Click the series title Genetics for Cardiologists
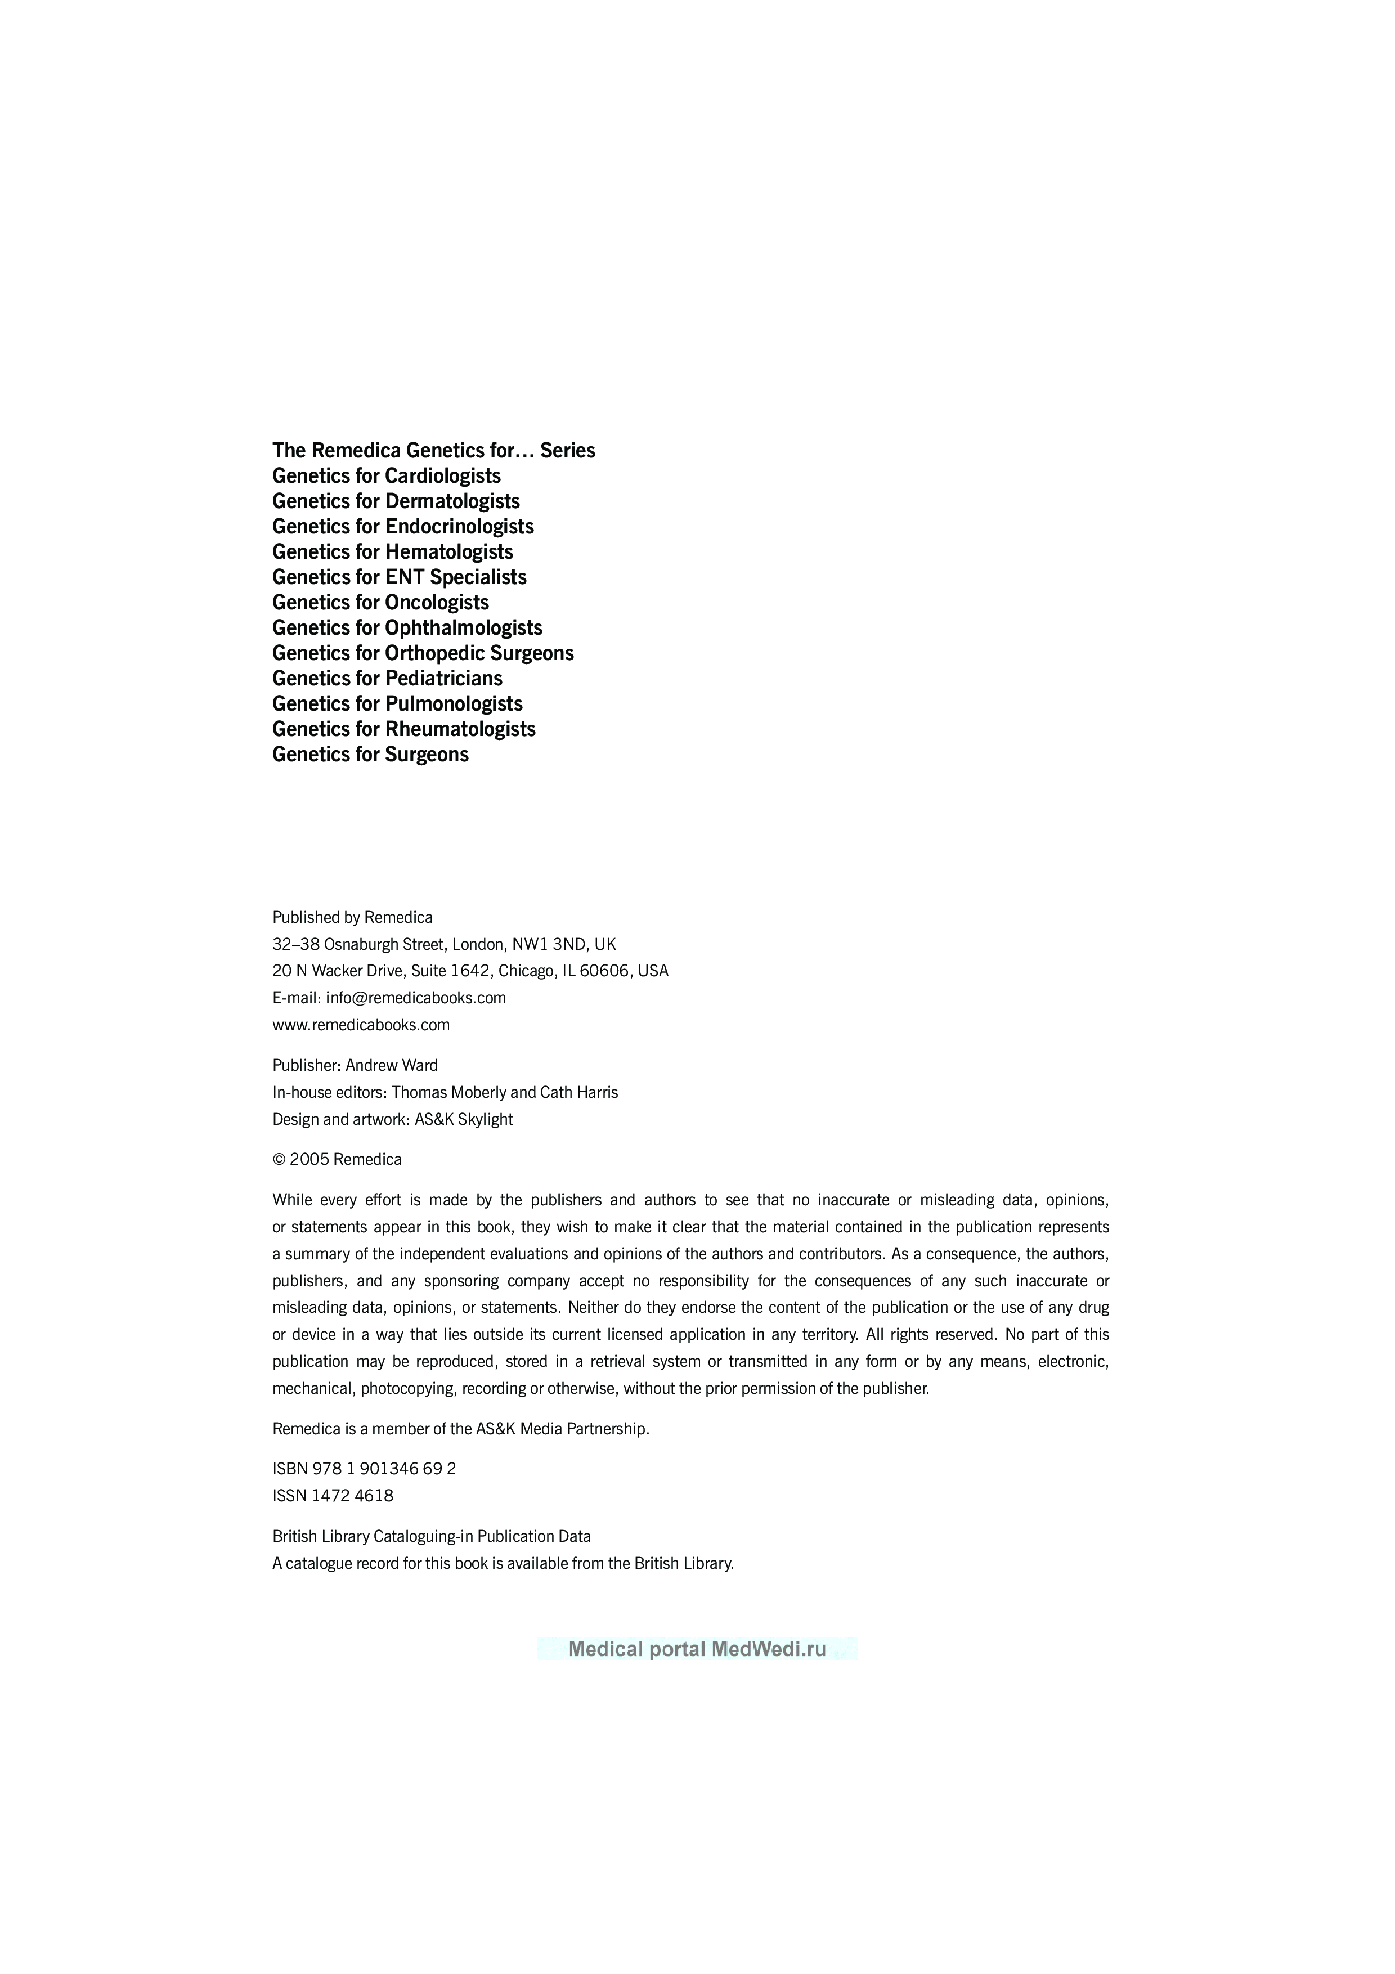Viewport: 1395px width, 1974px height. (x=386, y=475)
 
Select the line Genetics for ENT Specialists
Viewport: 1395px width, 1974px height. (x=399, y=577)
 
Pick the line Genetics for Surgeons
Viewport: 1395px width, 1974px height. (x=370, y=754)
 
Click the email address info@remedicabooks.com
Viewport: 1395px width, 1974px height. (x=416, y=997)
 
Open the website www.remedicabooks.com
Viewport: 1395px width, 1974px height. (x=361, y=1025)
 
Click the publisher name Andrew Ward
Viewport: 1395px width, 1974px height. (x=391, y=1065)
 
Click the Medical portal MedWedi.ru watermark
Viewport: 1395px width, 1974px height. (x=697, y=1648)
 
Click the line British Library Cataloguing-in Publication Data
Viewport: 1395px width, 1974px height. (x=432, y=1536)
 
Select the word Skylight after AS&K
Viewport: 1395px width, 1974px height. (x=487, y=1119)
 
